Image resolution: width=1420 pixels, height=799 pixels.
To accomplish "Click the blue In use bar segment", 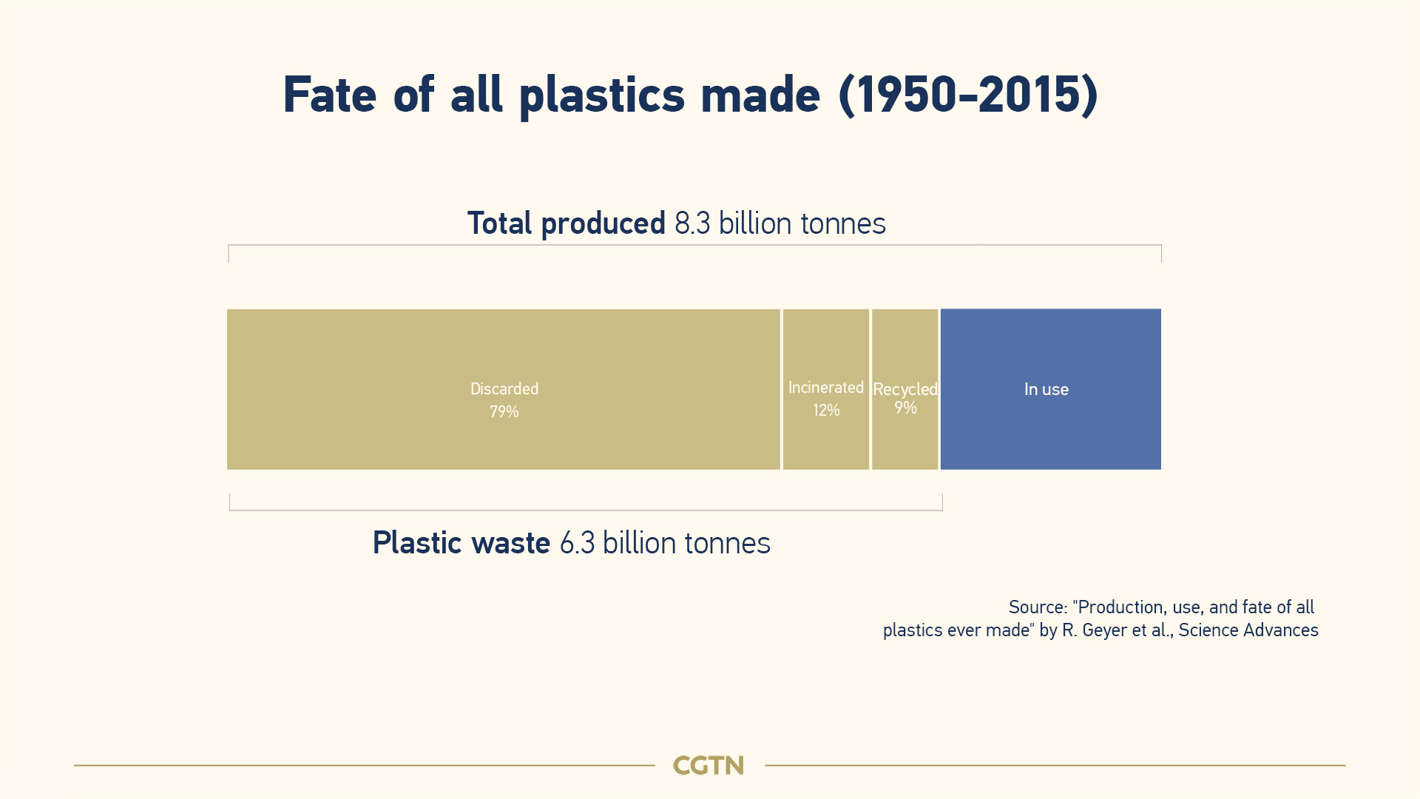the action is pos(1050,389).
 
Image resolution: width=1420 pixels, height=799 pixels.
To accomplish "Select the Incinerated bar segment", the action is pos(826,389).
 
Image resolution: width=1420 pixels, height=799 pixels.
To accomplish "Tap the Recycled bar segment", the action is pos(905,389).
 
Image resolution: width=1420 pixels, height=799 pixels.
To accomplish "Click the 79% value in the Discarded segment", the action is pos(504,411).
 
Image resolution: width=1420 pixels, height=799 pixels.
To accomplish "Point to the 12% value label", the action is pos(826,410).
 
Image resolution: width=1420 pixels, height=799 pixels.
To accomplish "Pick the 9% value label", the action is pos(905,408).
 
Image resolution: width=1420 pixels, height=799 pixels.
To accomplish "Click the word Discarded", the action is pos(504,388).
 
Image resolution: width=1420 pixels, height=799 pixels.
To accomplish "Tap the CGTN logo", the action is pos(709,765).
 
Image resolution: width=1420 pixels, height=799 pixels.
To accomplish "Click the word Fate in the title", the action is pos(330,95).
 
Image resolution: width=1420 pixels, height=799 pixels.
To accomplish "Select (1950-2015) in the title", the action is pos(968,95).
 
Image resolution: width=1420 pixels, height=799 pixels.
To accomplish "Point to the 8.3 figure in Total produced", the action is pos(692,223).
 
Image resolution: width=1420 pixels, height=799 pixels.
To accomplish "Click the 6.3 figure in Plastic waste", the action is pos(577,543).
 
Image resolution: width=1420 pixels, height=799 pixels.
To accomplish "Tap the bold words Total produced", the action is pos(567,224).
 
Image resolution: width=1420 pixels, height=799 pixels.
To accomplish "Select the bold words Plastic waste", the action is pos(461,543).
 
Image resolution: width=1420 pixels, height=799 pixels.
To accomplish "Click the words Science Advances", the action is pos(1248,630).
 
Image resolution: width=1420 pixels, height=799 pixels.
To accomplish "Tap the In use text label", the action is pos(1047,389).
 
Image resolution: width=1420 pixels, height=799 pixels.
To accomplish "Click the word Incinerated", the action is pos(826,388).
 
